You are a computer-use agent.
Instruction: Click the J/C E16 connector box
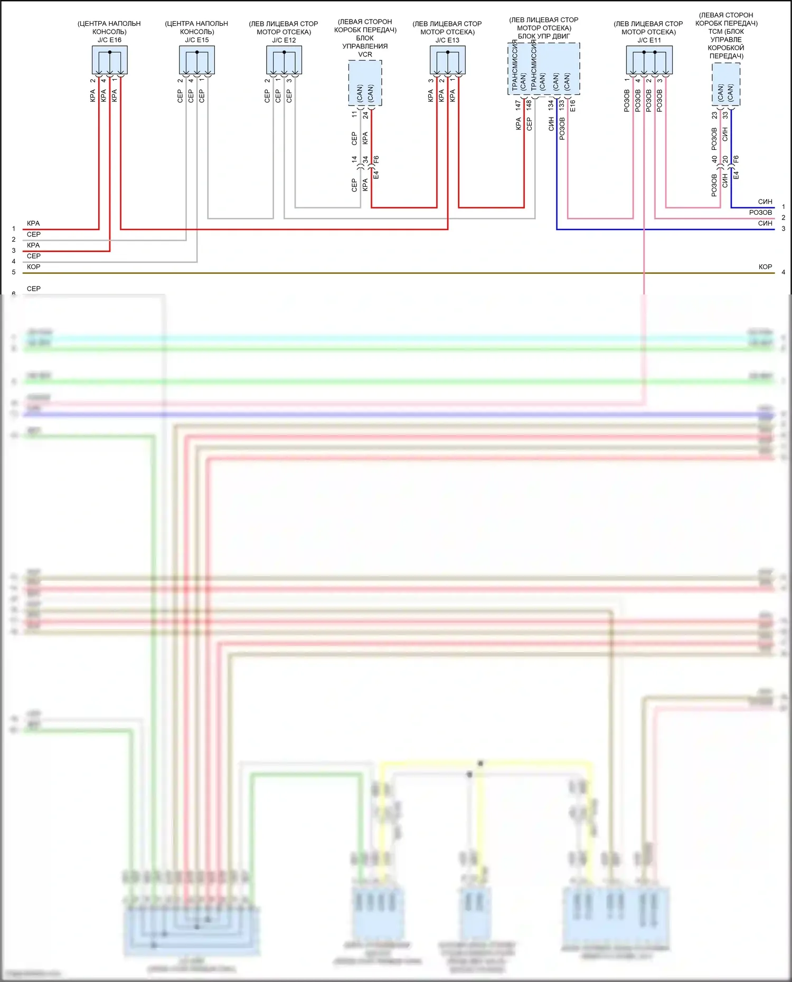coord(109,60)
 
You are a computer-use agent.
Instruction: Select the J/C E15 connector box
coord(196,60)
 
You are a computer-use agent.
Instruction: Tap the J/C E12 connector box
coord(284,60)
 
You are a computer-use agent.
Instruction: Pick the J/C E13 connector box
coord(447,60)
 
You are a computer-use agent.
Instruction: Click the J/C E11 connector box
coord(649,60)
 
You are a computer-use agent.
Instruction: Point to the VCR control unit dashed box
coord(365,83)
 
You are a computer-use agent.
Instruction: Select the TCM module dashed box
coord(726,84)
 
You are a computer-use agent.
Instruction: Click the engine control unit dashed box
coord(544,69)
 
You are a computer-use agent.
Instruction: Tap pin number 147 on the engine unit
coord(518,105)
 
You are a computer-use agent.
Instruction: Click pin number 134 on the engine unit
coord(551,105)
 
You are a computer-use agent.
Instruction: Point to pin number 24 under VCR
coord(365,114)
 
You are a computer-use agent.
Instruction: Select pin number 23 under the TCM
coord(714,115)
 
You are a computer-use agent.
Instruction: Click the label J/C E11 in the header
coord(649,40)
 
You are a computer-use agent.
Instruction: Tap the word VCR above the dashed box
coord(365,54)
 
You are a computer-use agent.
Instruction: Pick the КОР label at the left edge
coord(33,267)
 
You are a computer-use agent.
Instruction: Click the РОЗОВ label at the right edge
coord(760,212)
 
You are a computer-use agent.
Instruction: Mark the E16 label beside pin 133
coord(573,105)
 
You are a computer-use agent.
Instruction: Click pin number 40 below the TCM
coord(714,159)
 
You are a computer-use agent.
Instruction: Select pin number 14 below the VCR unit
coord(354,159)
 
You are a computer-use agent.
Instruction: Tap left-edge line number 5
coord(14,272)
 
